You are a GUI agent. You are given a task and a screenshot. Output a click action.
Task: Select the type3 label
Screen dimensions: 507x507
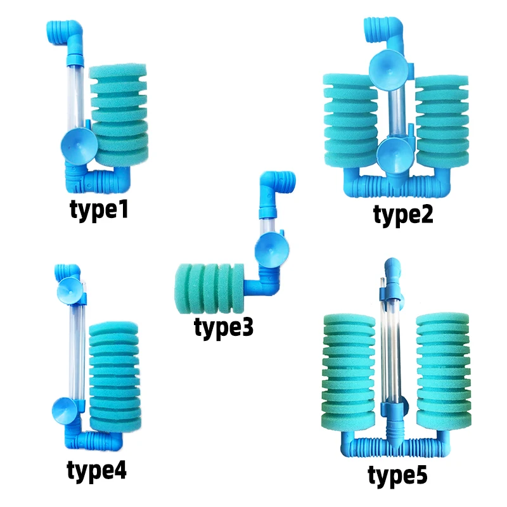[223, 328]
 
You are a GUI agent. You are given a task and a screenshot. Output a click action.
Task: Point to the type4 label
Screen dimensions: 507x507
[96, 470]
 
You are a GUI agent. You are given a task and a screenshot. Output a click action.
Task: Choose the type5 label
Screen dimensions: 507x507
[398, 475]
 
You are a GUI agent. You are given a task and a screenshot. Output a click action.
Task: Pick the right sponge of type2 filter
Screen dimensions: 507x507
[441, 124]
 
